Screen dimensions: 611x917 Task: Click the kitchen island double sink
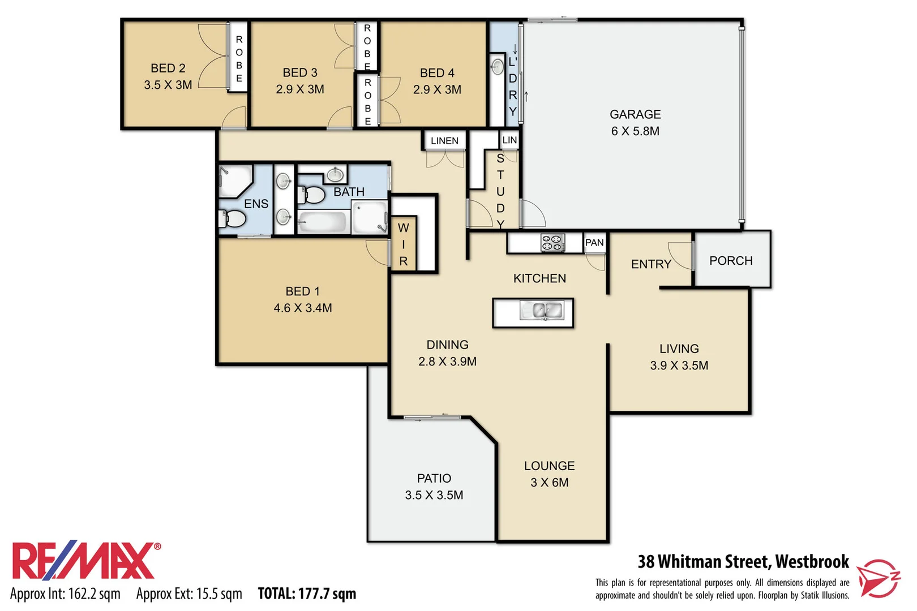pyautogui.click(x=542, y=311)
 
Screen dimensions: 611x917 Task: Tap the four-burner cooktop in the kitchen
pyautogui.click(x=552, y=243)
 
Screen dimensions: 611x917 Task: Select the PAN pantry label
pyautogui.click(x=594, y=243)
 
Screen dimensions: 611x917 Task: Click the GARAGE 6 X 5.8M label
pyautogui.click(x=635, y=123)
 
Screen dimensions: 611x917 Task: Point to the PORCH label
pyautogui.click(x=730, y=261)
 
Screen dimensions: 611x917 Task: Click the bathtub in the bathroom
pyautogui.click(x=322, y=222)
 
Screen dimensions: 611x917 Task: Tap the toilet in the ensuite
pyautogui.click(x=233, y=218)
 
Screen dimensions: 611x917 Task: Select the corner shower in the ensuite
pyautogui.click(x=234, y=180)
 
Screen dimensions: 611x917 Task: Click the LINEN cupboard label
pyautogui.click(x=444, y=141)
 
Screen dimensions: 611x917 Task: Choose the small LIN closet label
pyautogui.click(x=509, y=140)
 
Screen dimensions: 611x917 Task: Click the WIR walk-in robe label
pyautogui.click(x=403, y=244)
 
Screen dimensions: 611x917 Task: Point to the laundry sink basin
pyautogui.click(x=497, y=67)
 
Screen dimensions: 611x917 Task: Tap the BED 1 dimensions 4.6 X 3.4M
pyautogui.click(x=302, y=308)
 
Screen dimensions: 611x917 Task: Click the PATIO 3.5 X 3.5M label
pyautogui.click(x=434, y=487)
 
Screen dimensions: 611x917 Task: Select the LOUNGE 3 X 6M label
pyautogui.click(x=549, y=474)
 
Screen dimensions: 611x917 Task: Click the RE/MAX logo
pyautogui.click(x=85, y=561)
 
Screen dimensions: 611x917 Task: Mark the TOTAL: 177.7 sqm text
pyautogui.click(x=307, y=593)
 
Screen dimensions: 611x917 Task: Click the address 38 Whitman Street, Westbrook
pyautogui.click(x=743, y=561)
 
